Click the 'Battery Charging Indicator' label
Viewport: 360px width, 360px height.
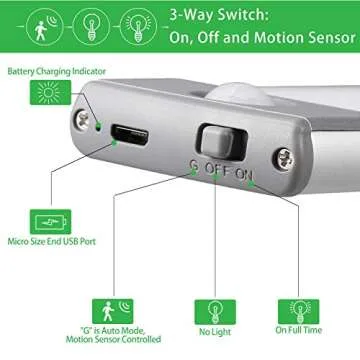coord(55,72)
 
